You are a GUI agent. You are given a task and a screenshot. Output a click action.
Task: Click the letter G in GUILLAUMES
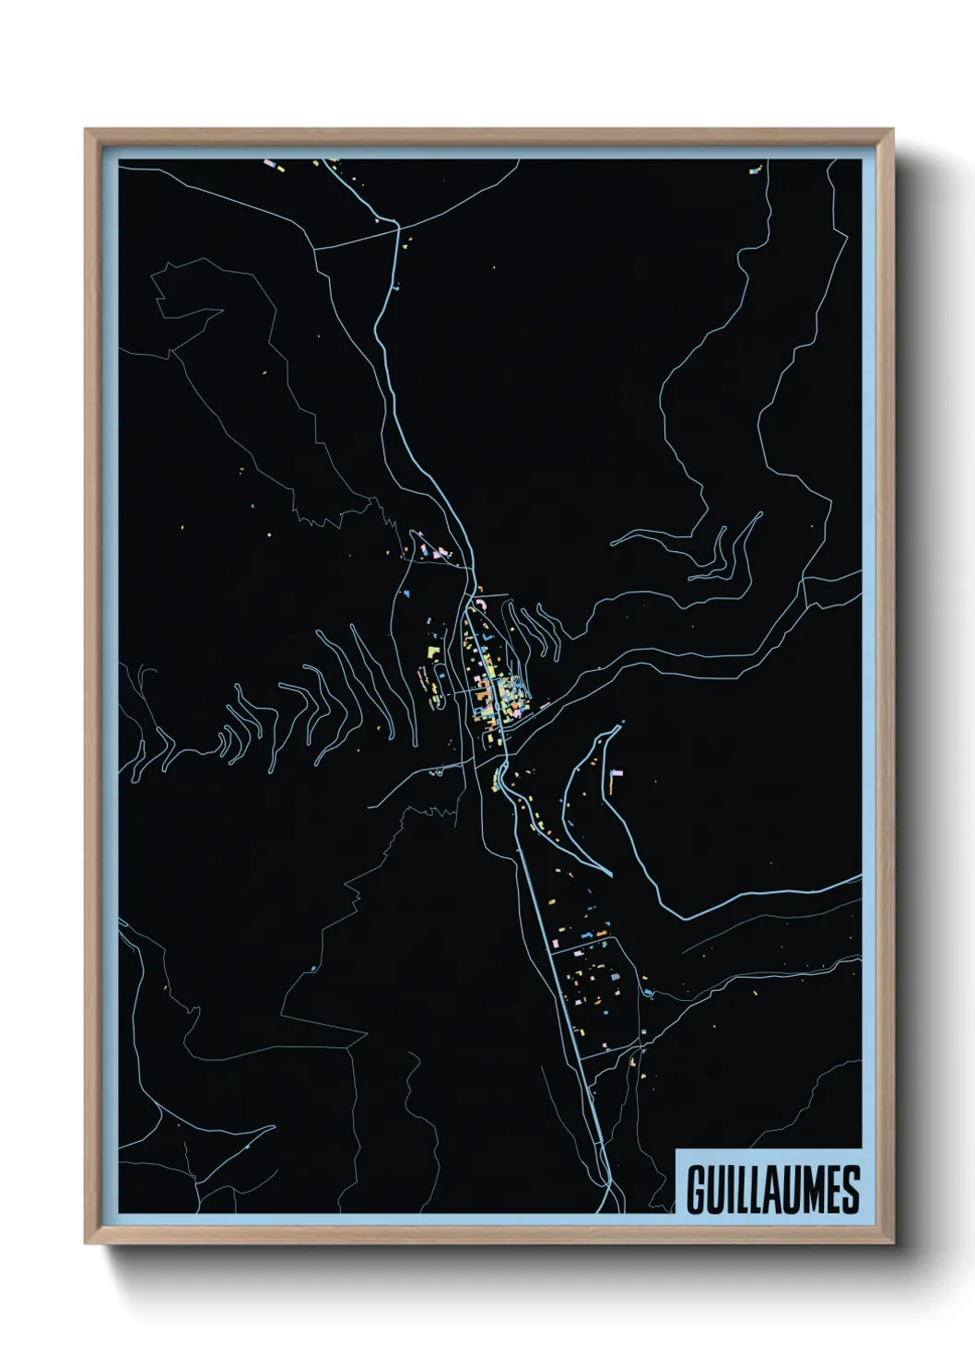[x=697, y=1190]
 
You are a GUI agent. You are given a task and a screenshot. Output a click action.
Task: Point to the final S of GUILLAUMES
[x=850, y=1190]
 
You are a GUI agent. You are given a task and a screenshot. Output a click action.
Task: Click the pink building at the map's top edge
[x=271, y=165]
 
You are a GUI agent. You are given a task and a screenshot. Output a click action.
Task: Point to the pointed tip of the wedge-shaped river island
[x=610, y=874]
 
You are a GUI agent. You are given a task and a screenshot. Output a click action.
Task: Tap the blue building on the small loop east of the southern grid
[x=649, y=992]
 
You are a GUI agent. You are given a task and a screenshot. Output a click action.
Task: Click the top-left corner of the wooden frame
[x=86, y=130]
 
